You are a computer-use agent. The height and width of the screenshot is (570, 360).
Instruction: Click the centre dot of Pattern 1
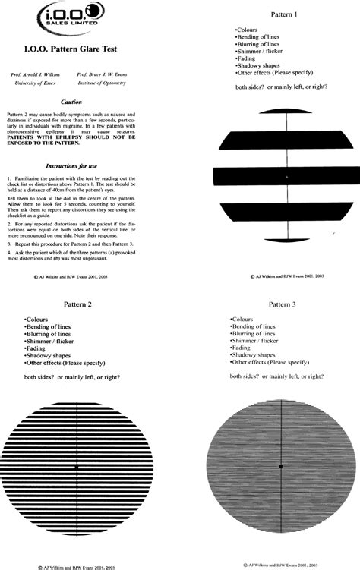coord(286,177)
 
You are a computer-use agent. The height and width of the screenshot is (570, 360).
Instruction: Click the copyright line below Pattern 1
coord(286,277)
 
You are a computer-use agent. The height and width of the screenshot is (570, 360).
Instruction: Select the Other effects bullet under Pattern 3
coord(270,362)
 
